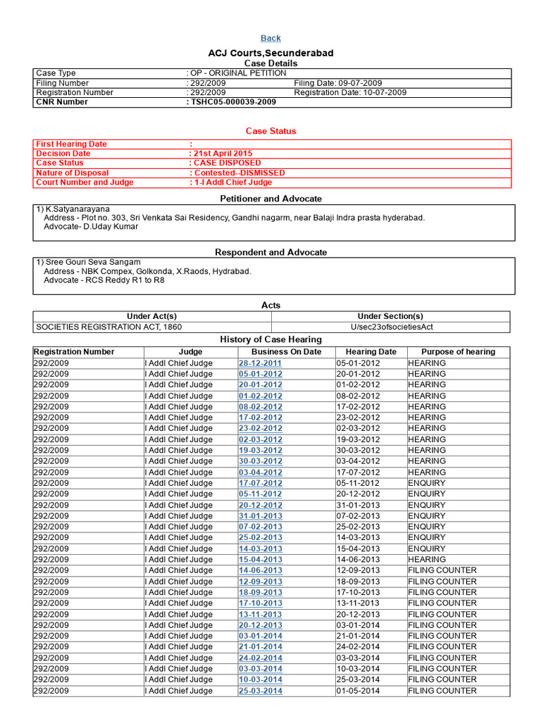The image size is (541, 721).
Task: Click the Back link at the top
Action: tap(270, 38)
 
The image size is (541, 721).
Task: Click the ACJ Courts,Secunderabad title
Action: tap(270, 54)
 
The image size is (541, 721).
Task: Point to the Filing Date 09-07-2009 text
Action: tap(338, 83)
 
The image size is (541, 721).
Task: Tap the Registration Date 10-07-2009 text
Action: tap(350, 92)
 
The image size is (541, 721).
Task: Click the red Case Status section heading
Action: tap(270, 131)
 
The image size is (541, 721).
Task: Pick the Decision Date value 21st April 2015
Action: tap(223, 153)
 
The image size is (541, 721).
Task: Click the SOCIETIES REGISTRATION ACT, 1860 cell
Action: tap(108, 327)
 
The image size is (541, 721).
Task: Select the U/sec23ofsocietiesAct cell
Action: tap(392, 327)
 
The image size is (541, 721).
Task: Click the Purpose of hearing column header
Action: tap(458, 351)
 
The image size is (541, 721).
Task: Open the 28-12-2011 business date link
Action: tap(260, 363)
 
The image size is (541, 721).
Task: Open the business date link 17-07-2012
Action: tap(260, 483)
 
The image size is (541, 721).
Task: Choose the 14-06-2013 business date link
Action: tap(260, 570)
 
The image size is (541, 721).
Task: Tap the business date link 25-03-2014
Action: tap(260, 691)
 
